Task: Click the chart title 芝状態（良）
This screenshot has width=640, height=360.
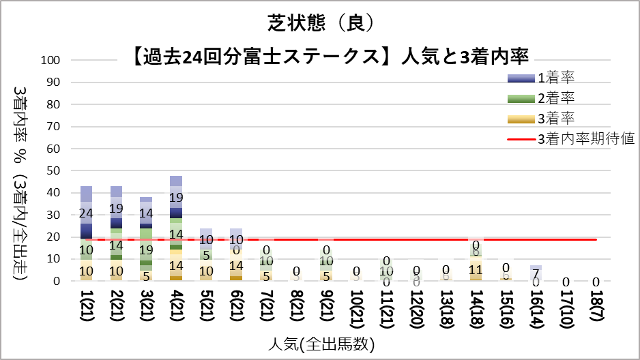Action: [319, 22]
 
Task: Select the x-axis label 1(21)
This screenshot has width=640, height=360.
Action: [87, 309]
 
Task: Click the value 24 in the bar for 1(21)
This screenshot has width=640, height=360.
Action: [87, 213]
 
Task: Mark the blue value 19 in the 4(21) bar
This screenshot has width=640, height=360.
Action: [176, 198]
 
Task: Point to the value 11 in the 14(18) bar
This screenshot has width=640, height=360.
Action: [476, 269]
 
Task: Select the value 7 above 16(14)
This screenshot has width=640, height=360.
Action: [536, 273]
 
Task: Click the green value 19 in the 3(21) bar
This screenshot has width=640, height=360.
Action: [146, 250]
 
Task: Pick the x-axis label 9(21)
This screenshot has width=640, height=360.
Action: [326, 309]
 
